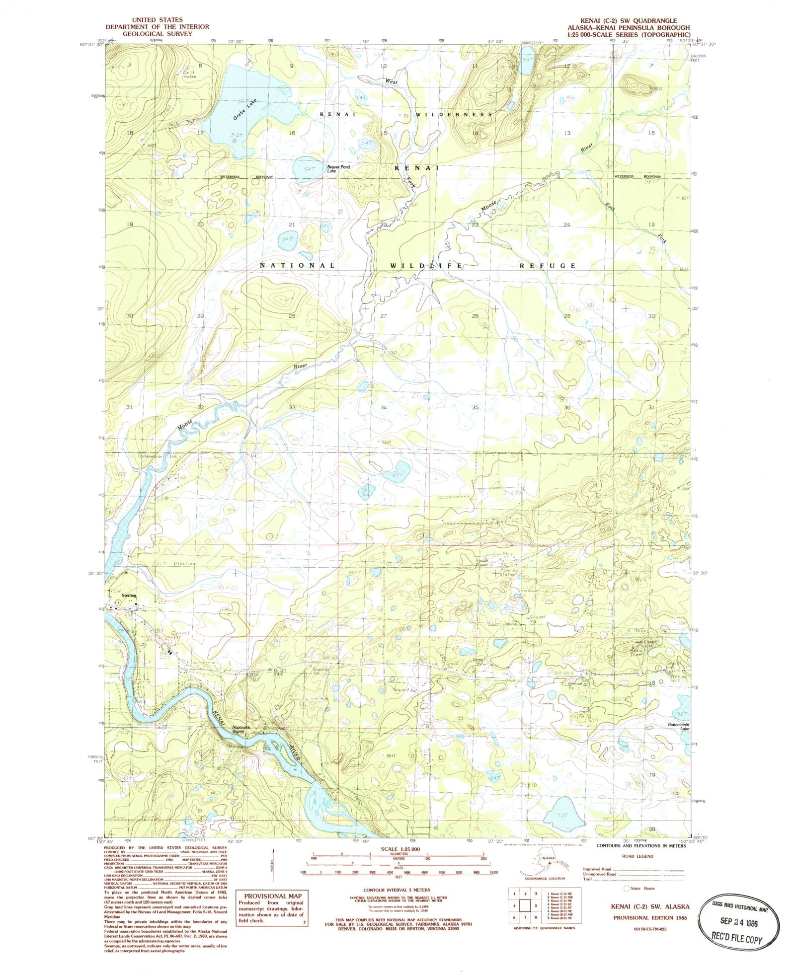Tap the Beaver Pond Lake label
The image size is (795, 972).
click(x=338, y=169)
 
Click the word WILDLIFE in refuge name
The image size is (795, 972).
click(x=426, y=266)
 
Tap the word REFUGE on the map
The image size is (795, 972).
click(x=547, y=266)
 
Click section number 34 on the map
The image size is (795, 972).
click(x=383, y=407)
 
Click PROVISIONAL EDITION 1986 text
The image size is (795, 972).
click(x=650, y=918)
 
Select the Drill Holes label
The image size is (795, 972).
click(x=189, y=75)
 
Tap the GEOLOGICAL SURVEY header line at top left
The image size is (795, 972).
click(x=157, y=34)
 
